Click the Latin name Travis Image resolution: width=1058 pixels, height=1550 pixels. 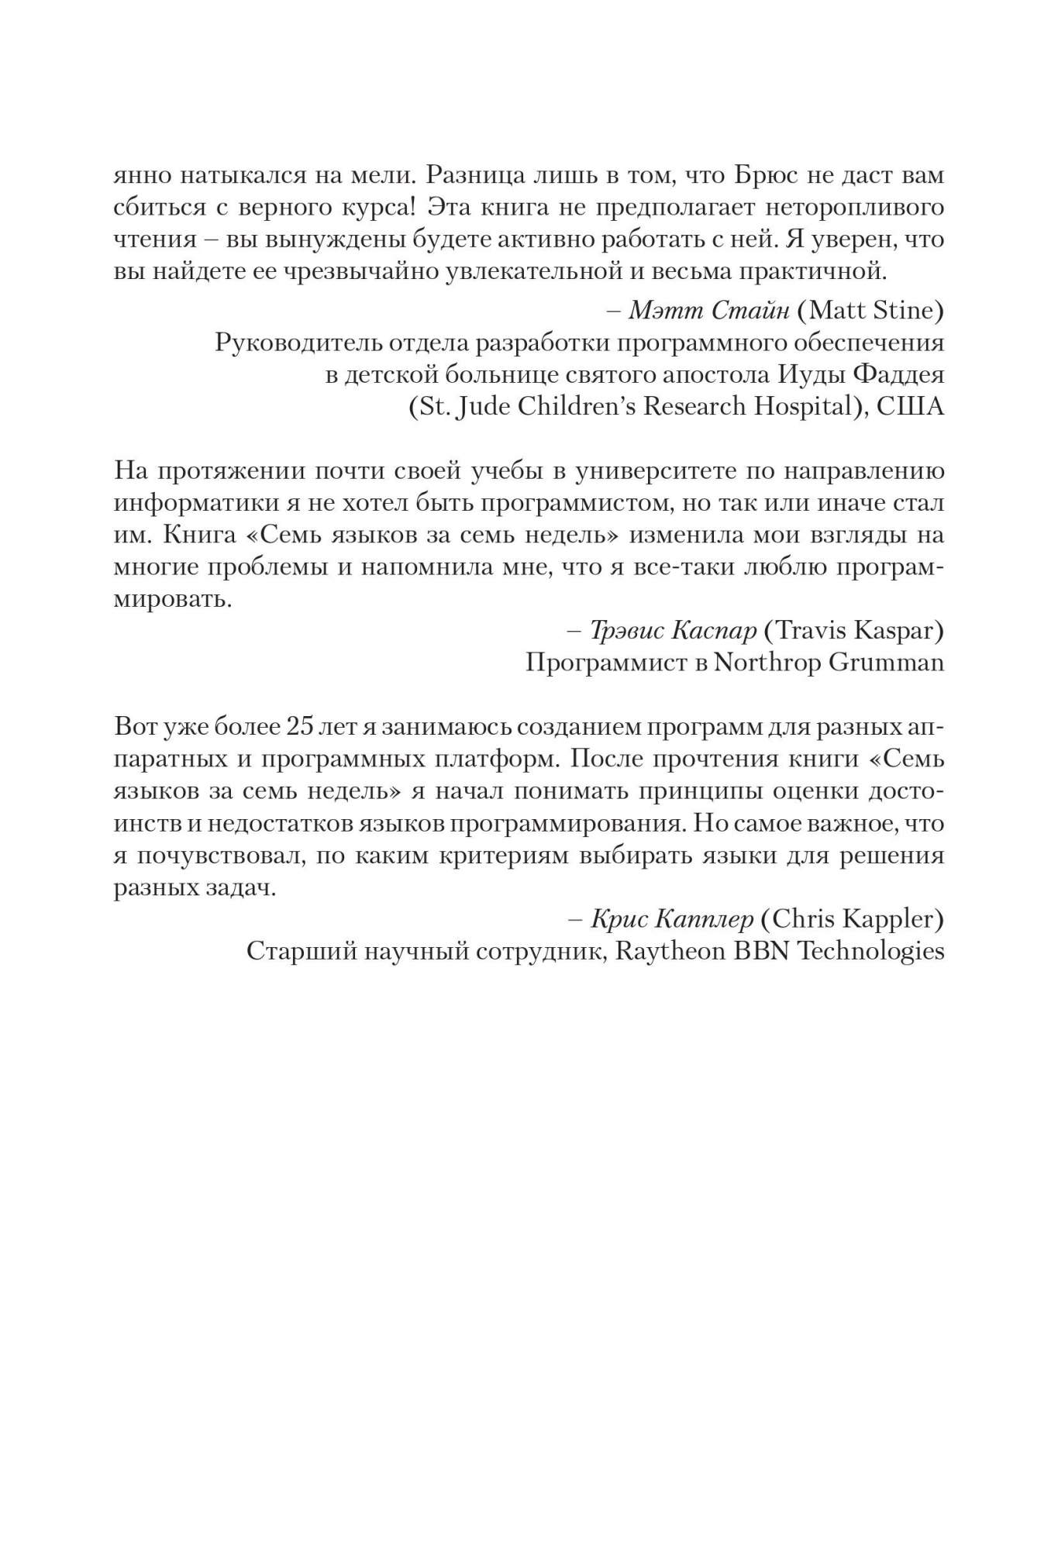809,631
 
